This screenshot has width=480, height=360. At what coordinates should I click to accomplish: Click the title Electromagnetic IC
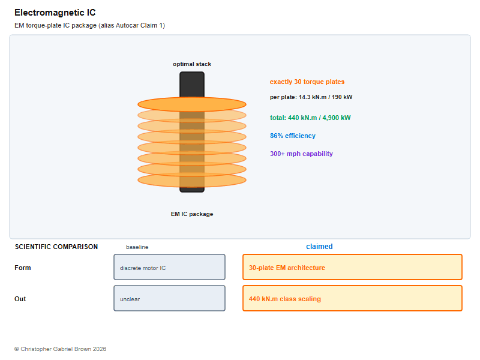[55, 13]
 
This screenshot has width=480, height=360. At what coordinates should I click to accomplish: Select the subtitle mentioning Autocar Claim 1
[89, 25]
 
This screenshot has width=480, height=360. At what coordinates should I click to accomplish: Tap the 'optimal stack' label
[192, 64]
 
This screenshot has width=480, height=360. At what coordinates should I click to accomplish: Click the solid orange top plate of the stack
[192, 104]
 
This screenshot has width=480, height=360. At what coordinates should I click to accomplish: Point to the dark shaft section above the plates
[192, 85]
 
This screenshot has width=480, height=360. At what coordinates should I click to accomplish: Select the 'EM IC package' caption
[192, 214]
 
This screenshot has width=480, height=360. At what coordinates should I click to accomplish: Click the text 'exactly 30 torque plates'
[307, 82]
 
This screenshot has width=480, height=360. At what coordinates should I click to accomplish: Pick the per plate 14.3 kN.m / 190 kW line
[311, 97]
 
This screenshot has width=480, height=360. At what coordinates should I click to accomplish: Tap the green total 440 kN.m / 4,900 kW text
[310, 118]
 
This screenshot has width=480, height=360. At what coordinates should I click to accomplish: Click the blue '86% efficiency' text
[293, 136]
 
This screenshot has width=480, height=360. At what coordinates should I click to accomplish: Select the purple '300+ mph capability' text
[301, 154]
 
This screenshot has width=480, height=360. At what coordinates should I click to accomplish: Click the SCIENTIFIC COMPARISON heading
[56, 247]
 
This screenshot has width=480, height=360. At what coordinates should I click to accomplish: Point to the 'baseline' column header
[137, 247]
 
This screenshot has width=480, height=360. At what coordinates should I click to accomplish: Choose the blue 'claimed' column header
[319, 247]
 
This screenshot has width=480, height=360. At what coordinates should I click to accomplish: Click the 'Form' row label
[23, 268]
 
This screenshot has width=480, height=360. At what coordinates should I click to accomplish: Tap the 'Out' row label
[20, 299]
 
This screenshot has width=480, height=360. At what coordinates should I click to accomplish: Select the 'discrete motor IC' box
[169, 267]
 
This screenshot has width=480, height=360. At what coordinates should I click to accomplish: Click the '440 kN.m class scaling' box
[352, 298]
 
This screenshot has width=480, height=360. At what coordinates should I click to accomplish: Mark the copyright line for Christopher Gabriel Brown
[61, 349]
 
